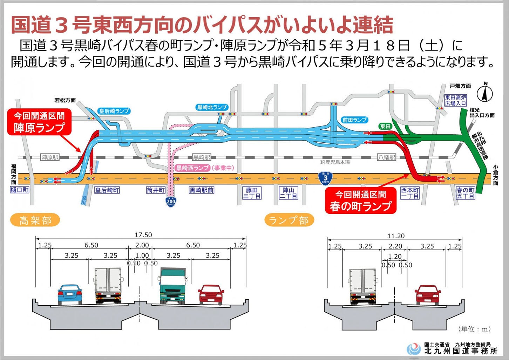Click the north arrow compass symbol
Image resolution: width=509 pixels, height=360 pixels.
tap(486, 93)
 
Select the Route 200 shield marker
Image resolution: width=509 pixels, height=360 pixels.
tap(171, 202)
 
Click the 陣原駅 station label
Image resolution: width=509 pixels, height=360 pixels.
tap(50, 157)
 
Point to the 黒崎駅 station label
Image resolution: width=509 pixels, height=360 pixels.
tap(201, 157)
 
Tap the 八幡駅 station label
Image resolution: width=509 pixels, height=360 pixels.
tap(387, 157)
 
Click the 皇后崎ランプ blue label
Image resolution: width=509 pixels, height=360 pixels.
tap(114, 111)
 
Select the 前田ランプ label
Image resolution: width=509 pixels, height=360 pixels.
tap(354, 120)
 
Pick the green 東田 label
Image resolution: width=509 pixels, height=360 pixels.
tap(385, 126)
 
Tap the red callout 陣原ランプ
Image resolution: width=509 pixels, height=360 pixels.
tap(39, 122)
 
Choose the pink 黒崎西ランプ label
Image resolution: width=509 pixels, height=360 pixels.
tap(192, 168)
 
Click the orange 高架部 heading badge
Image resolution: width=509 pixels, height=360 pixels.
tap(35, 220)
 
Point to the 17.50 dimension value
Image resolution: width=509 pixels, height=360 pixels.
tap(143, 235)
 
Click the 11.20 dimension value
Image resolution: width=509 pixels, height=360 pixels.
tap(395, 236)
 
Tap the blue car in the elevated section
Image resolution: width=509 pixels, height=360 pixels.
tap(70, 294)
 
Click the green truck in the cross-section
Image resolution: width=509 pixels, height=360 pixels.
tap(172, 286)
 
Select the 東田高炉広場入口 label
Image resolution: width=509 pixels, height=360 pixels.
tap(455, 101)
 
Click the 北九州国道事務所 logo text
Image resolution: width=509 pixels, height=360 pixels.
tap(460, 351)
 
